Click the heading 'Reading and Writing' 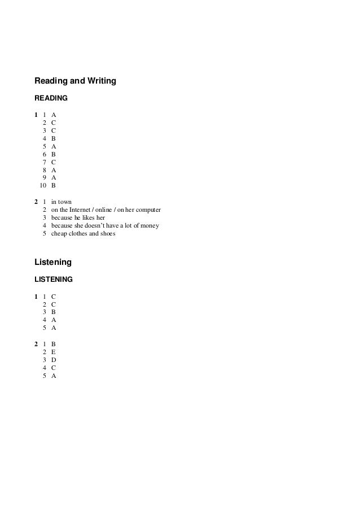(x=75, y=81)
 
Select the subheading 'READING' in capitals (x=51, y=98)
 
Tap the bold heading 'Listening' (x=53, y=263)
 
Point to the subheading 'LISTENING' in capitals (x=54, y=280)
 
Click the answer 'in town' (x=61, y=202)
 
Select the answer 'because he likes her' (x=78, y=217)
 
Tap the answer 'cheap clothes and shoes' (x=83, y=233)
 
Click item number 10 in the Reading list (x=42, y=185)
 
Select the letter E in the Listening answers (x=53, y=351)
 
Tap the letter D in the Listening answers (x=54, y=359)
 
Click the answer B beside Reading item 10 (x=53, y=185)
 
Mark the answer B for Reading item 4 (x=53, y=138)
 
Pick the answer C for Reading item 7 (x=53, y=162)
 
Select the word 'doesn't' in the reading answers (x=98, y=225)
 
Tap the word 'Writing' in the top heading (x=101, y=81)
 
